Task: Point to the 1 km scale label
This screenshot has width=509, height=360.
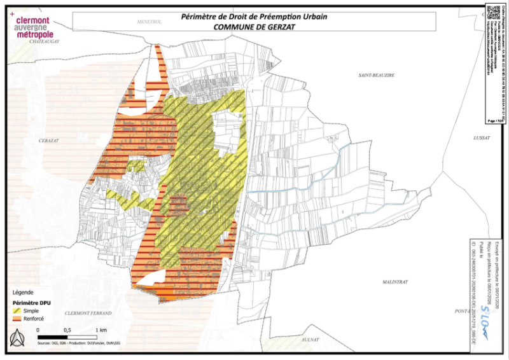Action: pyautogui.click(x=101, y=331)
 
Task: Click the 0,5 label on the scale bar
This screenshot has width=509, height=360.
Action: pyautogui.click(x=67, y=331)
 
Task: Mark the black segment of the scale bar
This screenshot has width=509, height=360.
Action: pyautogui.click(x=53, y=336)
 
